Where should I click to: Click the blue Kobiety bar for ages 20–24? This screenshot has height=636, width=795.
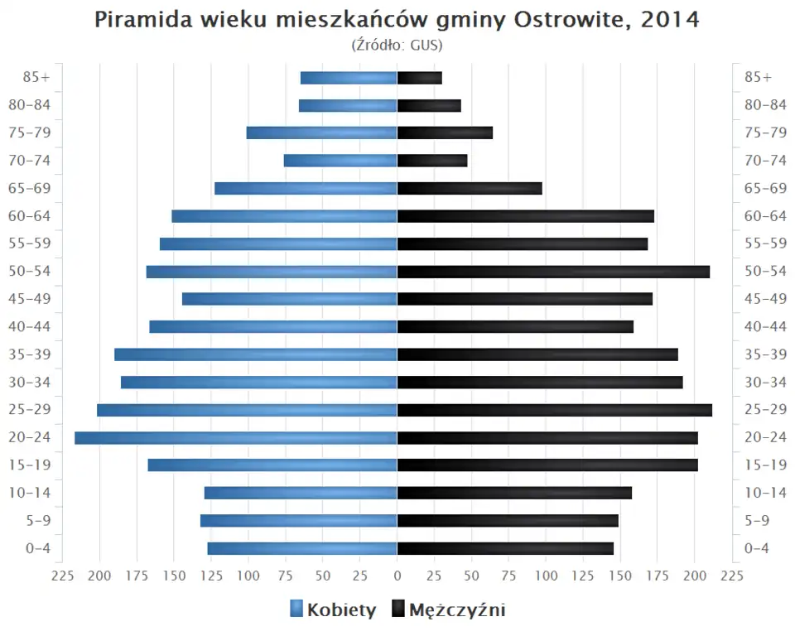tap(236, 438)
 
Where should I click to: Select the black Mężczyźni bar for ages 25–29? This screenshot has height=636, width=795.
tap(554, 410)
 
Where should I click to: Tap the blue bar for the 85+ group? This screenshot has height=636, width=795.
tap(349, 78)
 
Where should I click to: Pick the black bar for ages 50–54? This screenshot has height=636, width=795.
tap(553, 272)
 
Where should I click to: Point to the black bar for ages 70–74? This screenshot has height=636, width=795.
tap(432, 161)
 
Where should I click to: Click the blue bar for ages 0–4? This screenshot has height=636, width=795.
tap(302, 548)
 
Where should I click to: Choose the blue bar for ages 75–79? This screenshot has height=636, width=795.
tap(322, 132)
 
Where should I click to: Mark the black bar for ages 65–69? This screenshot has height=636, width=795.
tap(470, 188)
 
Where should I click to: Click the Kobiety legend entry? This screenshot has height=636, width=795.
tap(333, 610)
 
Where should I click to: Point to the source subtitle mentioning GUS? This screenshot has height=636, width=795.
tap(397, 45)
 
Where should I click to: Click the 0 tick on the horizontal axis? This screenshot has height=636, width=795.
tap(397, 576)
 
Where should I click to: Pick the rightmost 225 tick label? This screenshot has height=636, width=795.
tap(731, 576)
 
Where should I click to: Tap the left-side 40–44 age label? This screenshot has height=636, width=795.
tap(30, 326)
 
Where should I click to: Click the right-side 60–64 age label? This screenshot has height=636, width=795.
tap(765, 216)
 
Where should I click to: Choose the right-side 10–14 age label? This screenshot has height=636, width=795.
tap(765, 493)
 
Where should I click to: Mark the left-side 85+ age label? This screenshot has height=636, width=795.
tap(36, 78)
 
